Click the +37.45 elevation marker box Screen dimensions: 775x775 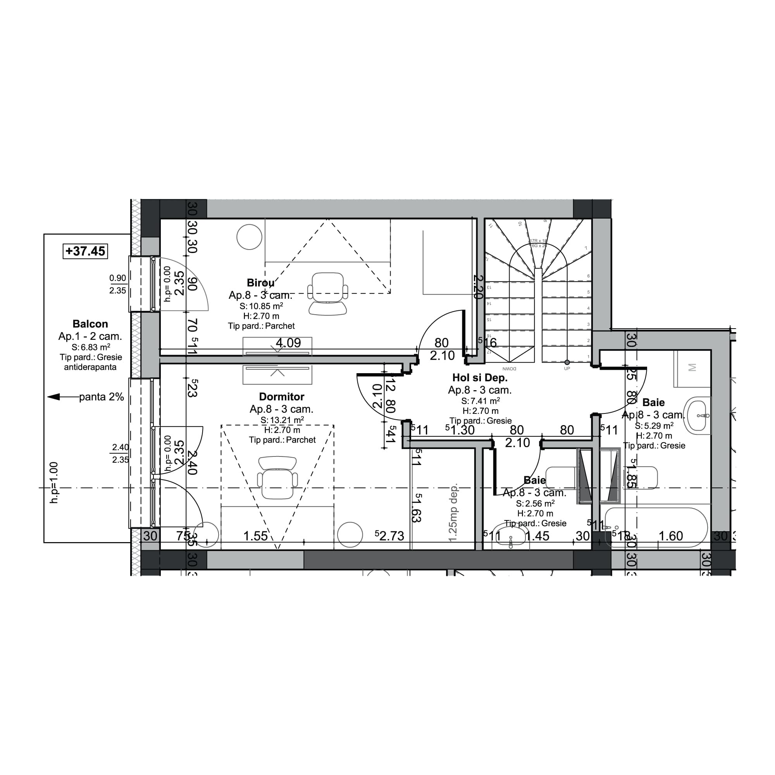tap(85, 251)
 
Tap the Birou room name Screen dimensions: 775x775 tap(261, 283)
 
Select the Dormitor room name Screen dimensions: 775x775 tap(282, 397)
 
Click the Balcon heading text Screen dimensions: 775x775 tap(90, 324)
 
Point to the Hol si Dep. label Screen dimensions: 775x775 tap(480, 377)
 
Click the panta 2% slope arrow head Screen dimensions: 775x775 tap(53, 397)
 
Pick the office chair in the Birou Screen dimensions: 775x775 tap(328, 293)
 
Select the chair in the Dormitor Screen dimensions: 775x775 tap(277, 477)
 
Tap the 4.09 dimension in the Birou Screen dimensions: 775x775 tap(288, 343)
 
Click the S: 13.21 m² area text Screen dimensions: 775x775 tap(282, 420)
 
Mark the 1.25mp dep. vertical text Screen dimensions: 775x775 tap(453, 513)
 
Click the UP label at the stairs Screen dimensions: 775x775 tap(567, 368)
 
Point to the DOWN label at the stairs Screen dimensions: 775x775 tap(509, 368)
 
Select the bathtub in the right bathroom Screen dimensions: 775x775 tap(656, 527)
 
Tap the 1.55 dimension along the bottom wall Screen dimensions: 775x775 tap(255, 536)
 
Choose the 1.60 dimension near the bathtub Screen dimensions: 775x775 tap(671, 536)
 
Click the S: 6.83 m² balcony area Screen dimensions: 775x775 tap(91, 347)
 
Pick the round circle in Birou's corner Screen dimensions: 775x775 tap(250, 237)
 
